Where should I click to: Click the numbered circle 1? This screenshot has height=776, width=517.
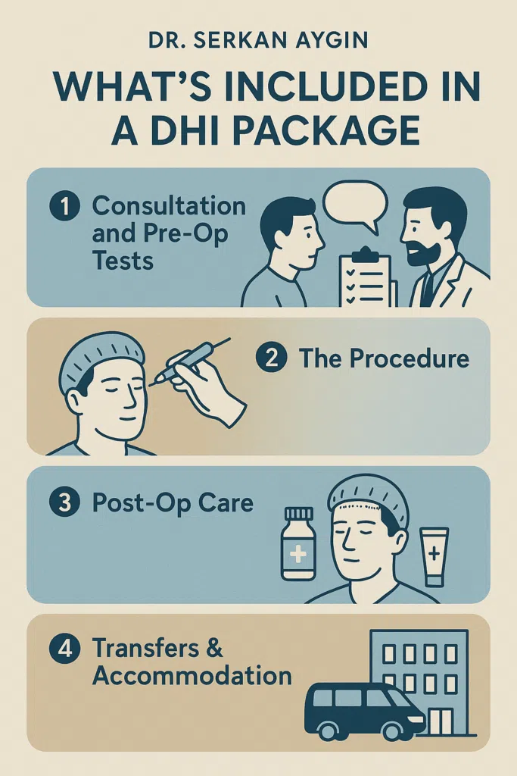65,207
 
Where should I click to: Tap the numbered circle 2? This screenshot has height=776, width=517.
271,358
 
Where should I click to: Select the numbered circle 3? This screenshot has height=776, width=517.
65,503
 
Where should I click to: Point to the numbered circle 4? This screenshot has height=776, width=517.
65,649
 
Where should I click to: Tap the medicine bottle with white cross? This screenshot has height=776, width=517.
297,543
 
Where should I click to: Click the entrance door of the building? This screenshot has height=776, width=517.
440,722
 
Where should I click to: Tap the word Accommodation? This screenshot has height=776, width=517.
192,675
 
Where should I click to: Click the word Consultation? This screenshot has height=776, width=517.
169,206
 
